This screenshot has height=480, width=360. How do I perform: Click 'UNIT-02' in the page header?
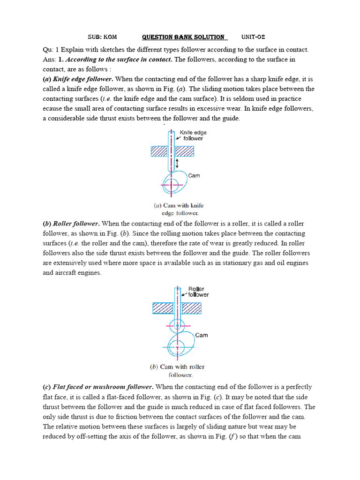point(254,37)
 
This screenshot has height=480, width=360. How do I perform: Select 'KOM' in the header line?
point(110,37)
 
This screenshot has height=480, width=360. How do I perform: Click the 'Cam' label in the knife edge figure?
point(194,176)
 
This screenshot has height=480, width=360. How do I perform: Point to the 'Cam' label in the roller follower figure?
point(202,335)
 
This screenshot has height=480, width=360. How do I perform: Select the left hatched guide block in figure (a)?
point(159,151)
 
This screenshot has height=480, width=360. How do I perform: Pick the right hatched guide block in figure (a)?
point(184,151)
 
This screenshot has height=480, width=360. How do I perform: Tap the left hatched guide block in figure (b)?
point(162,308)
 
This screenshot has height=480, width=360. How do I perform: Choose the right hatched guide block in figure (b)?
point(192,308)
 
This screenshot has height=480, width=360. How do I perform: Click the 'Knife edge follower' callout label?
point(193,135)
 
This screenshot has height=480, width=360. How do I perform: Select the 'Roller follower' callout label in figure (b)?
point(197,292)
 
